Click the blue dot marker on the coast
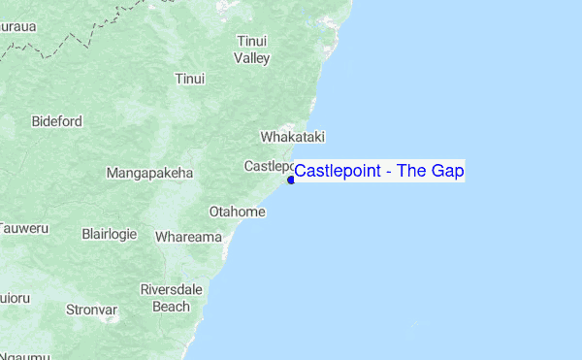point(291,180)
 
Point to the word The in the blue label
point(411,172)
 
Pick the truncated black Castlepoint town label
point(269,166)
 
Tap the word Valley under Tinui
point(251,58)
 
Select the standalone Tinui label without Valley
point(190,79)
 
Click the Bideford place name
point(56,122)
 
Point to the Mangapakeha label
point(149,174)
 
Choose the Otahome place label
point(237,212)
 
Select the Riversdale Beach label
point(171,298)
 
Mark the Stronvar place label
point(91,311)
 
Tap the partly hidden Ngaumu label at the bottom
point(23,355)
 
